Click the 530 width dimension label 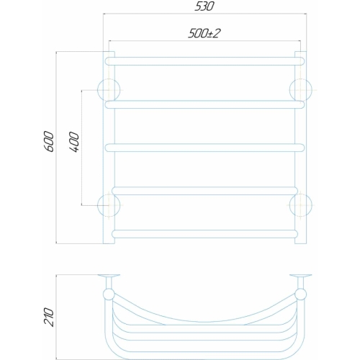coord(204,6)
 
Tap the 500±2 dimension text coord(204,33)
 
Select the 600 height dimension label coord(50,141)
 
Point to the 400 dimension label coord(74,142)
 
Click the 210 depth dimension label coord(49,317)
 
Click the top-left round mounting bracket coord(109,90)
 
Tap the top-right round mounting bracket coord(301,90)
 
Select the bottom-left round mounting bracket coord(109,205)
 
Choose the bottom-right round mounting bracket coord(301,205)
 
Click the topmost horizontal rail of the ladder coord(204,61)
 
